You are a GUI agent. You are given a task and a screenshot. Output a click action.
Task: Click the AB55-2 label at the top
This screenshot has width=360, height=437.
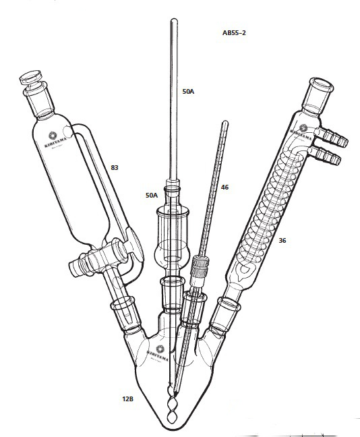(x=234, y=32)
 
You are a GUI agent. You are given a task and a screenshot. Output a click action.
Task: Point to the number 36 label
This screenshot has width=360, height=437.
(x=282, y=239)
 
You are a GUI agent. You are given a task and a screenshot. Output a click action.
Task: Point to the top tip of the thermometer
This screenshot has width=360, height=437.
(x=225, y=122)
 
